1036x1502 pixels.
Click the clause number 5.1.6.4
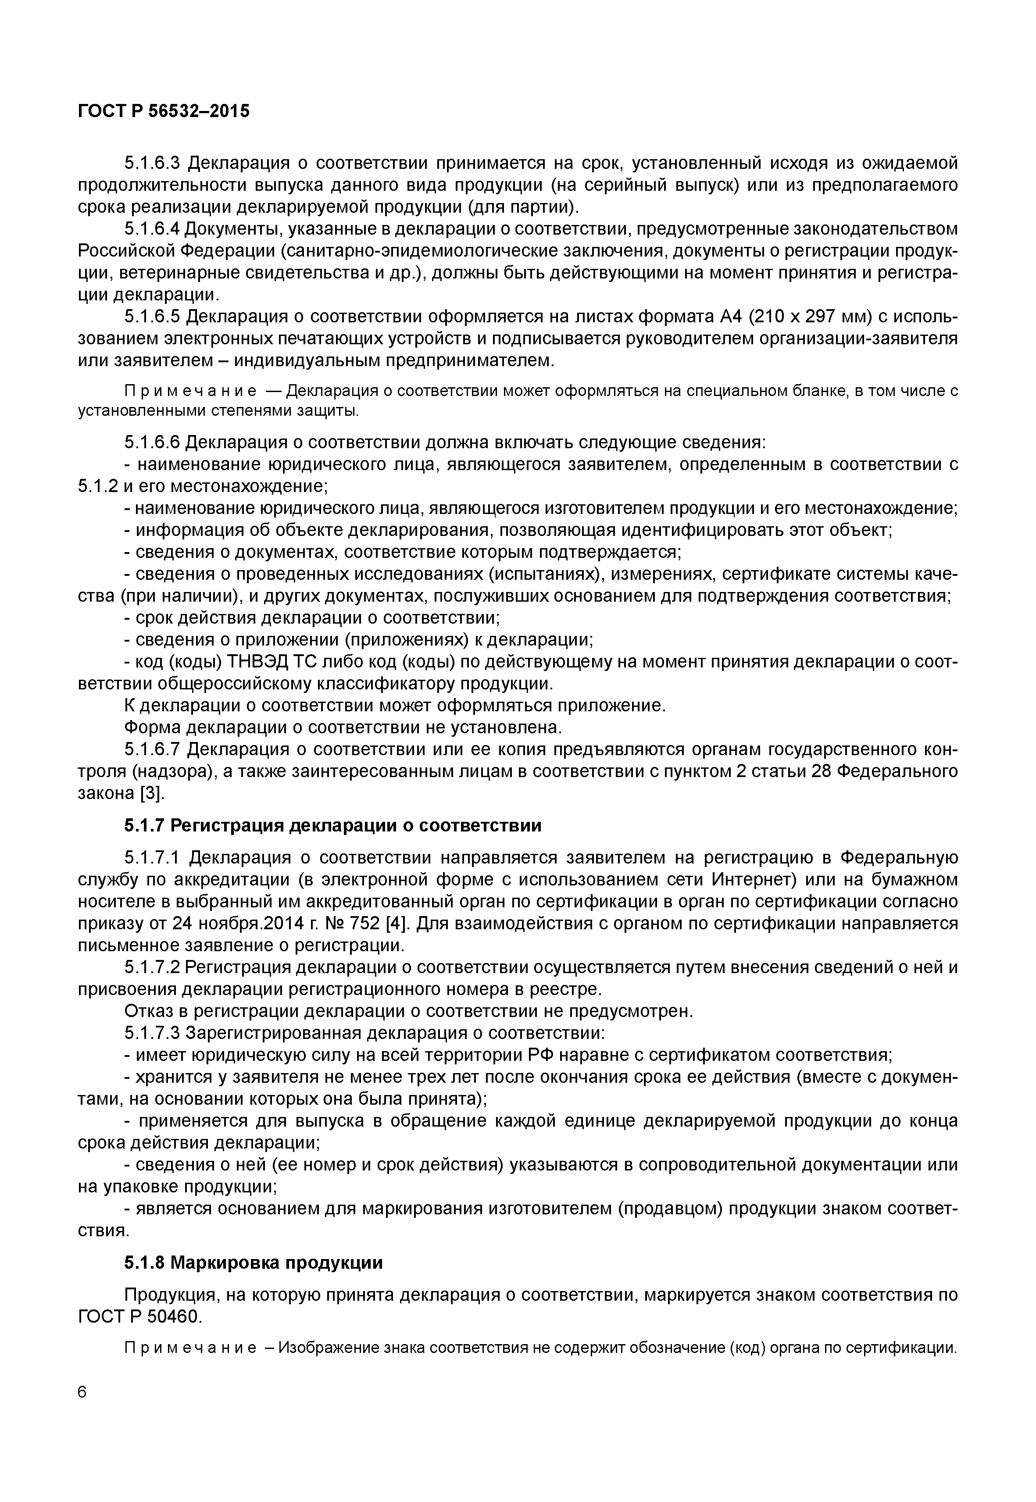tap(153, 228)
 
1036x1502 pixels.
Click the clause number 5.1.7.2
tap(153, 967)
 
